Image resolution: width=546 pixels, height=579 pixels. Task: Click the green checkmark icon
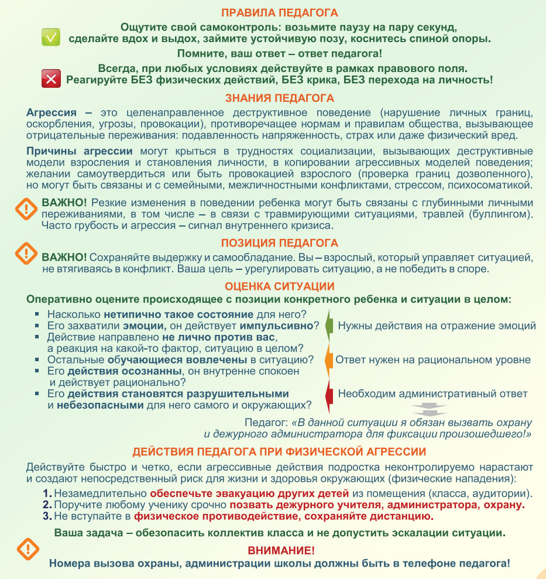coord(51,37)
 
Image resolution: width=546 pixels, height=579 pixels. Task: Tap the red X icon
coord(51,78)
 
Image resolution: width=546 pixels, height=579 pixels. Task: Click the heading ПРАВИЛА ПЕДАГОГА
coord(280,13)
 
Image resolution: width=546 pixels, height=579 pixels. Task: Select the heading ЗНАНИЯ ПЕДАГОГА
coord(280,98)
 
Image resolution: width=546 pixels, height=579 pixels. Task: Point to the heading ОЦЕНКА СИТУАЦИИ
coord(280,286)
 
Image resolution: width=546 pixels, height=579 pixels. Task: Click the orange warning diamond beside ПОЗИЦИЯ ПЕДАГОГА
coord(26,252)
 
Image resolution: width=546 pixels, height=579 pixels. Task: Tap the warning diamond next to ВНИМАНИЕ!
coord(28,549)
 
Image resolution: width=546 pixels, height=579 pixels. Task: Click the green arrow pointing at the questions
coord(329,326)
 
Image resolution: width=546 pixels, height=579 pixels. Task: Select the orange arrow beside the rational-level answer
coord(329,359)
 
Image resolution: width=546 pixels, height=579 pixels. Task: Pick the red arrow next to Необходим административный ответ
coord(329,393)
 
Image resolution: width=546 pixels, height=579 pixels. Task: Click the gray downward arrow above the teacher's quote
coord(428,409)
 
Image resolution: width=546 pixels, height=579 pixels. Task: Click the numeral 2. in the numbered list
coord(47,505)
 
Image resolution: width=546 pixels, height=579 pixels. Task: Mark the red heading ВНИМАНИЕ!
coord(281,551)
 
